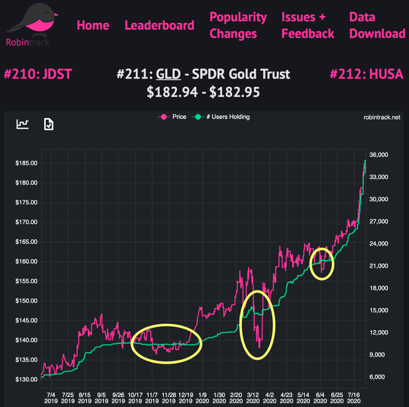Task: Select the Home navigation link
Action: coord(93,25)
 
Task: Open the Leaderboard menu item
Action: coord(159,25)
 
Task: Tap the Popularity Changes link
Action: coord(238,25)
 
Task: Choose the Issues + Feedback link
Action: coord(307,25)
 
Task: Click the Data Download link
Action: coord(377,25)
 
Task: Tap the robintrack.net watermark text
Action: coord(381,118)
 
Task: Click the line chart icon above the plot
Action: coord(23,124)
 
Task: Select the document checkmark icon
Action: coord(49,124)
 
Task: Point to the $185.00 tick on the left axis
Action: coord(26,163)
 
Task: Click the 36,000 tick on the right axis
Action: coord(380,155)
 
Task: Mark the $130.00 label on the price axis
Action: coord(26,379)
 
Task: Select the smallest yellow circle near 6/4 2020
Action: coord(322,263)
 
